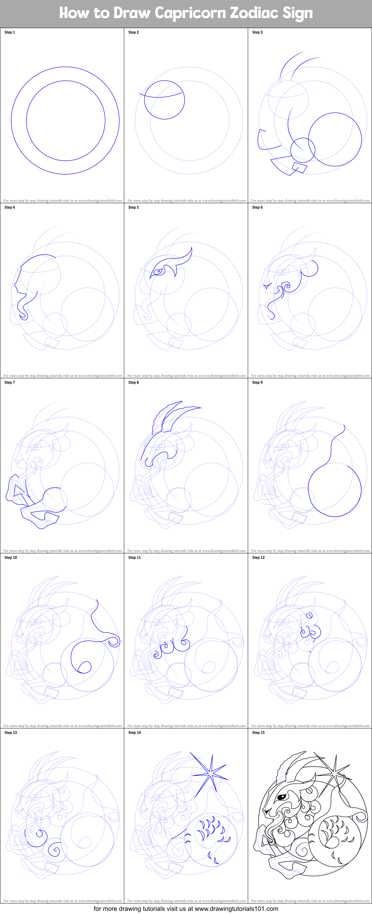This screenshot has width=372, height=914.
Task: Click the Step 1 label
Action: point(9,32)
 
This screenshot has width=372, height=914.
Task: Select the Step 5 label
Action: point(133,208)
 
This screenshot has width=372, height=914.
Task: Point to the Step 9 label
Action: point(257,382)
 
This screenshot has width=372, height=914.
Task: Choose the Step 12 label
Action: point(258,558)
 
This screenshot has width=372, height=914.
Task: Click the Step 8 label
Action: point(133,382)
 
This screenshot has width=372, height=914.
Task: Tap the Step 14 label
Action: point(134,732)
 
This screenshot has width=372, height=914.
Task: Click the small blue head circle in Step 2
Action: point(164,100)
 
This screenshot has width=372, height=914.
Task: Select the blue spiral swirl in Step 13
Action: point(55,849)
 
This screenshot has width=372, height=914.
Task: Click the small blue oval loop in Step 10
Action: point(85,667)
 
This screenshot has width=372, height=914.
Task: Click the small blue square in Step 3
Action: point(299,167)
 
